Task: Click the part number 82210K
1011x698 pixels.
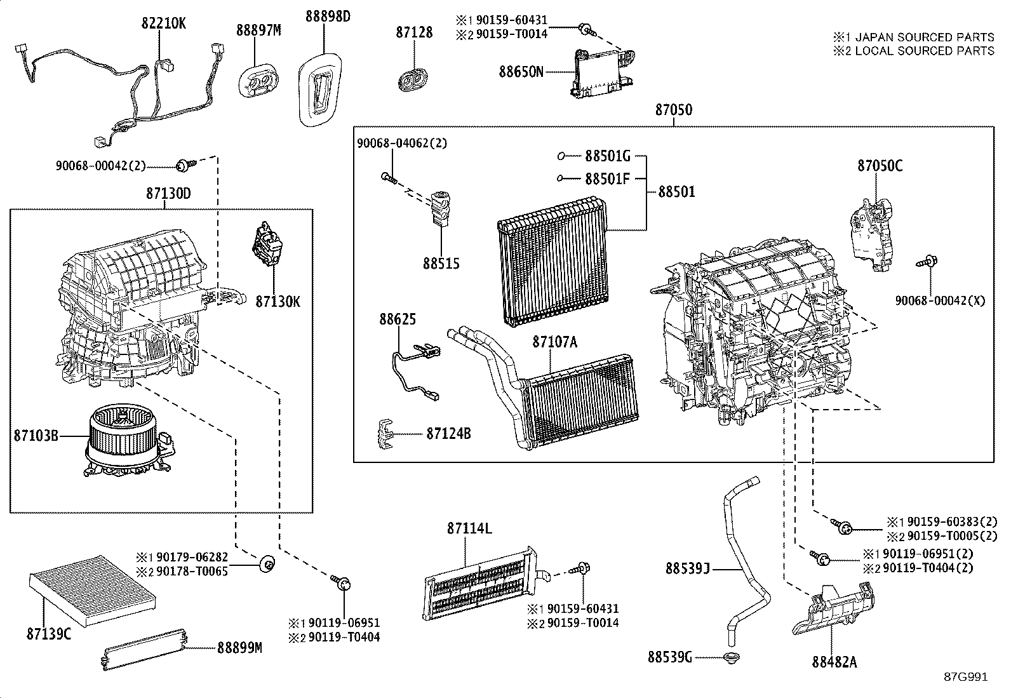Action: point(163,23)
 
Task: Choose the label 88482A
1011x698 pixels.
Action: point(834,662)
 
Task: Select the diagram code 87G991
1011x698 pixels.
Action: point(965,677)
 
